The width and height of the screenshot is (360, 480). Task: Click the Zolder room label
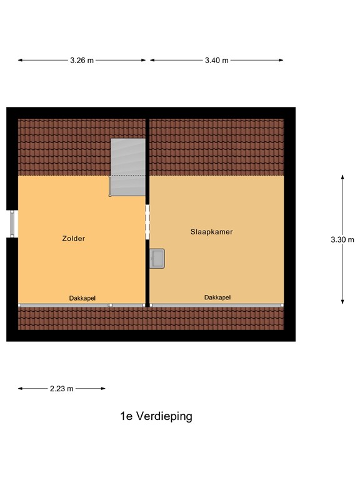73,238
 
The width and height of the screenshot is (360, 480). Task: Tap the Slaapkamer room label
211,231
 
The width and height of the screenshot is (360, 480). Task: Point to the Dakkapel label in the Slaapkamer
217,297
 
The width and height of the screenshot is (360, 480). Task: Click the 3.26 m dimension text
82,61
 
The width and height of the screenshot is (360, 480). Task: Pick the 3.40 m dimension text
216,61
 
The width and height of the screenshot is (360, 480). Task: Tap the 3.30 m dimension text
342,239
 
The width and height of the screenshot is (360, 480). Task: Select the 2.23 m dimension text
61,388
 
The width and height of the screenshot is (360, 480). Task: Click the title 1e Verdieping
156,416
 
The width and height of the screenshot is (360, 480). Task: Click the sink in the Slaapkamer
157,258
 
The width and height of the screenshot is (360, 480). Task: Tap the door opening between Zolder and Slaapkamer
147,222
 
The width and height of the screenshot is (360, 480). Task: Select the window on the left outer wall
14,223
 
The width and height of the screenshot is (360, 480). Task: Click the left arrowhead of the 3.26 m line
20,61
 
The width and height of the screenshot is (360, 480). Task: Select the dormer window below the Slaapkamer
217,305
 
